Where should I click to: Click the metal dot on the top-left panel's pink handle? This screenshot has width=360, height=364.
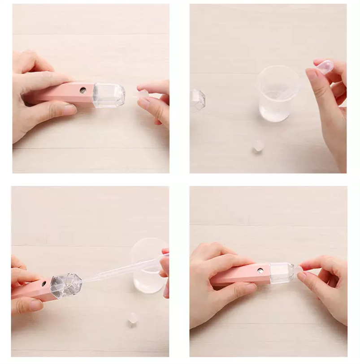(x=83, y=90)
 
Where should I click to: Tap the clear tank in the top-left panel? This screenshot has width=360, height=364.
(x=108, y=95)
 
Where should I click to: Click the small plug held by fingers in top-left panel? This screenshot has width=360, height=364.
(x=142, y=94)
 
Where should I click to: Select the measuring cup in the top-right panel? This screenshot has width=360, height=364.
(x=278, y=93)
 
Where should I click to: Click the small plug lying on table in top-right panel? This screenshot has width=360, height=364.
(x=258, y=146)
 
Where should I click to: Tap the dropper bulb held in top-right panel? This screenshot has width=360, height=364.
(x=325, y=67)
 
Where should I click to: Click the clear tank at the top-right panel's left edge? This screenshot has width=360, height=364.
(x=197, y=100)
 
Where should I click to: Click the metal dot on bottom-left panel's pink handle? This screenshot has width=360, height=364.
(x=44, y=283)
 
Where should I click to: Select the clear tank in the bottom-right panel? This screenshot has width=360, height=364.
(x=281, y=273)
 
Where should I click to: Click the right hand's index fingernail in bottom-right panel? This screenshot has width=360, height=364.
(x=302, y=276)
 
